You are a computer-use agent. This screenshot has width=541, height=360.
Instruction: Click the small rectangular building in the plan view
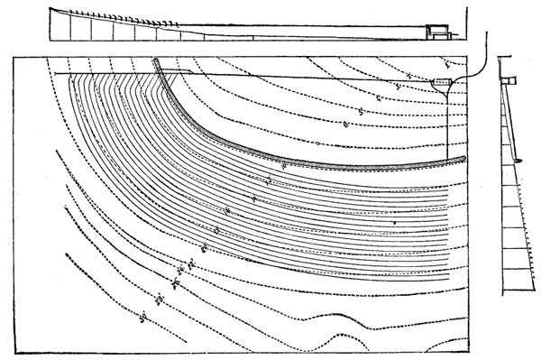click(x=441, y=83)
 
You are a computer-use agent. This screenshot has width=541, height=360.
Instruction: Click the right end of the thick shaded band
click(x=463, y=160)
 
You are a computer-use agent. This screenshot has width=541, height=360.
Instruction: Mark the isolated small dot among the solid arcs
click(x=394, y=221)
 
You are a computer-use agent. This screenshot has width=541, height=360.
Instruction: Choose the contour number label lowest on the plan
click(x=142, y=316)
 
